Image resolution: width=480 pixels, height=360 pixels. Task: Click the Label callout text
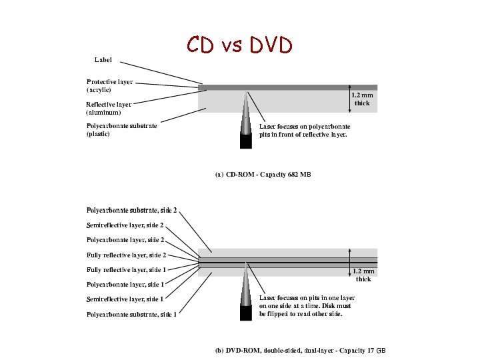click(103, 60)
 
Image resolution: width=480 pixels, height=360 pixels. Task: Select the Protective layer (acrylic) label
click(109, 85)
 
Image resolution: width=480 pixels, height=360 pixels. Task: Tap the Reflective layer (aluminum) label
click(109, 108)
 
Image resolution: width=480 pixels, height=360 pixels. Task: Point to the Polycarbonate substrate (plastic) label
click(121, 129)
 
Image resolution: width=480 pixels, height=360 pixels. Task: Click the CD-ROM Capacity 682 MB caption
click(263, 174)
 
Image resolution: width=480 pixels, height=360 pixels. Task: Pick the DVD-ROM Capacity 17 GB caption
click(300, 350)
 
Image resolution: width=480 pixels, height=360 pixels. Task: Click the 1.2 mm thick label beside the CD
click(362, 99)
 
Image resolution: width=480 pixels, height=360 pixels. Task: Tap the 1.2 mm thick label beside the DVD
click(363, 275)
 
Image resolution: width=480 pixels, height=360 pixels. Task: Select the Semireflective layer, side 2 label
click(125, 225)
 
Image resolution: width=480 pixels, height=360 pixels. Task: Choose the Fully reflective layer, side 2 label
click(126, 255)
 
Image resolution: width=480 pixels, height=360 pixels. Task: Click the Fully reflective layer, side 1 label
click(126, 269)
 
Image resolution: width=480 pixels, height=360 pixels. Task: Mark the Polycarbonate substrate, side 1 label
click(131, 314)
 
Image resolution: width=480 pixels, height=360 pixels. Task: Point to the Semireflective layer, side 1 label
click(125, 299)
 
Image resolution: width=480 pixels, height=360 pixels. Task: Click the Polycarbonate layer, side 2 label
click(125, 239)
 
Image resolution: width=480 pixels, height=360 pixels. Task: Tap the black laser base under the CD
click(246, 141)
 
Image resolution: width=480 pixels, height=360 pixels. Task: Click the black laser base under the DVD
click(246, 313)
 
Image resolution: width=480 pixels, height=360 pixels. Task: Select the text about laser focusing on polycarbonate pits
click(304, 130)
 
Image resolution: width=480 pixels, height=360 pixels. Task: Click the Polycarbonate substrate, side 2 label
click(131, 210)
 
